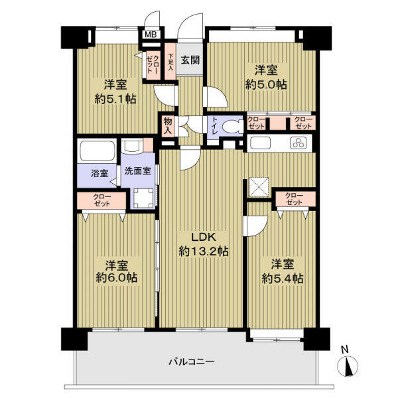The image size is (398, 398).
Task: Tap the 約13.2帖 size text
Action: click(204, 251)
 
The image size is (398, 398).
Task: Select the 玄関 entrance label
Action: click(190, 60)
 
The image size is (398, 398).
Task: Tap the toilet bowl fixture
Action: click(232, 127)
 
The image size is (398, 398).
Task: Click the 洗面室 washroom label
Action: click(137, 170)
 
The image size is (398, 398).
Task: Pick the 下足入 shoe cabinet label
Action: click(170, 62)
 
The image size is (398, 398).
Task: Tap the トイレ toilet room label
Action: click(214, 125)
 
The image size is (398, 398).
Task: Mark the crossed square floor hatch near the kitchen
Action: click(258, 187)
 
